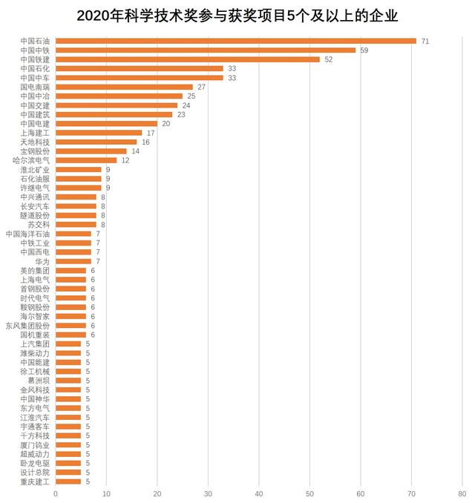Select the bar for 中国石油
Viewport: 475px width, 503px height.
[235, 41]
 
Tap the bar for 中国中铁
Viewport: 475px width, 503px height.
[205, 50]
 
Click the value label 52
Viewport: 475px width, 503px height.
[328, 59]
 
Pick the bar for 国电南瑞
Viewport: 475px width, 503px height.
[124, 87]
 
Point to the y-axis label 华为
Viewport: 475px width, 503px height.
[42, 261]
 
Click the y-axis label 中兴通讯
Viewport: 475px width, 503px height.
[35, 197]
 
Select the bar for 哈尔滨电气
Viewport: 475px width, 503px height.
[86, 160]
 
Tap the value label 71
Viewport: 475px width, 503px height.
[425, 41]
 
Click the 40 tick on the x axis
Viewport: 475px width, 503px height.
[259, 493]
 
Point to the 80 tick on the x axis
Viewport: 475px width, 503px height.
[462, 493]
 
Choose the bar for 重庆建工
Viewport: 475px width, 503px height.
[68, 481]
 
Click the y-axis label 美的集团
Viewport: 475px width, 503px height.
[35, 270]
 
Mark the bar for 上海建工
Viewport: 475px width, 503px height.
[99, 133]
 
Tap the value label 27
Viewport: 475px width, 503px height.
[201, 87]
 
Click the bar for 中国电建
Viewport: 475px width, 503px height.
[106, 123]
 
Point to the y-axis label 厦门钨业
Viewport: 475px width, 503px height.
[35, 444]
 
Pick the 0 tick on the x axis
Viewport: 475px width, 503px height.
[56, 493]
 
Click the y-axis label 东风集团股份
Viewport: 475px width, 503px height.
[28, 325]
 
